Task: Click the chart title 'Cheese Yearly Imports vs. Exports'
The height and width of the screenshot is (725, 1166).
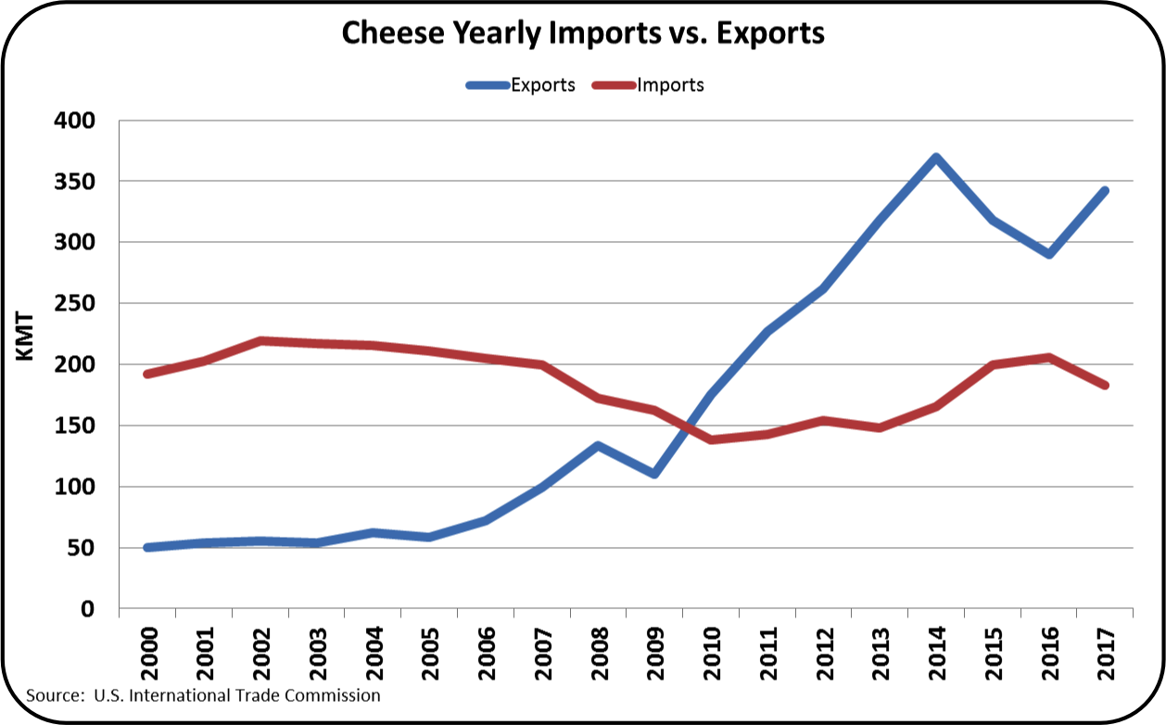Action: (583, 33)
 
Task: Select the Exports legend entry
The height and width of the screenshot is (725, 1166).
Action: (519, 85)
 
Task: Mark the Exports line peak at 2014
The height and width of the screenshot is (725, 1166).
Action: (936, 158)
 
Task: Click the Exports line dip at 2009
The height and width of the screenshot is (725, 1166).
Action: (654, 474)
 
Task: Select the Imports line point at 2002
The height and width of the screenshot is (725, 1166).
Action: (260, 341)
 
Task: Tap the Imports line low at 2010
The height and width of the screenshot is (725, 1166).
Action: (711, 439)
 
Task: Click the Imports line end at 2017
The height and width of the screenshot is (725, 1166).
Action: (1105, 386)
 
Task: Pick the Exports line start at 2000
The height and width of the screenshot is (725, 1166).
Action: (148, 548)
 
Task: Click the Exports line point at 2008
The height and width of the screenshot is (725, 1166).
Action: (599, 445)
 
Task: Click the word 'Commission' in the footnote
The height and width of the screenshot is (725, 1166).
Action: (335, 694)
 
